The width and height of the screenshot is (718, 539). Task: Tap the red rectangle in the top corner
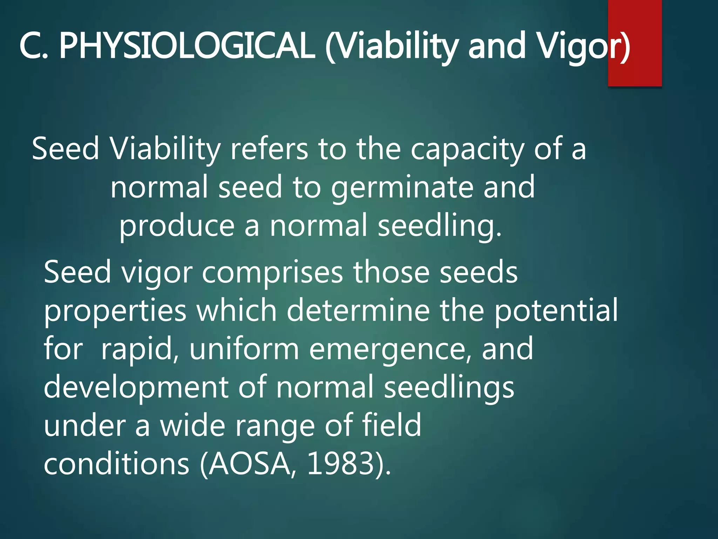click(x=635, y=21)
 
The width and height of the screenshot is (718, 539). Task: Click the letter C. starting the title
click(x=33, y=46)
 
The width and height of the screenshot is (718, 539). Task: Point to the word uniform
click(x=244, y=349)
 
